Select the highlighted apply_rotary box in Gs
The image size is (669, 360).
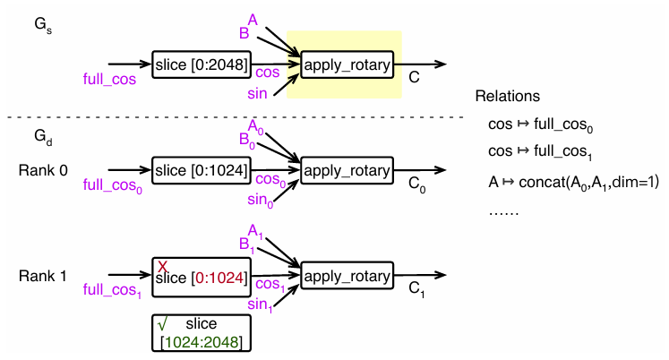346,65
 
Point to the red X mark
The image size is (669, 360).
163,266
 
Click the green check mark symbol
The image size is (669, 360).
163,321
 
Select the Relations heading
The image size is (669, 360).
508,96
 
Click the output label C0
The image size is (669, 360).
416,185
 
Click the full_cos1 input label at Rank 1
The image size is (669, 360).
111,291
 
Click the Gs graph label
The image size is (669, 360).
41,29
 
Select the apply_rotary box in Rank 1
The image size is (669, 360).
346,276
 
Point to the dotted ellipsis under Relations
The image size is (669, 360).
507,213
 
